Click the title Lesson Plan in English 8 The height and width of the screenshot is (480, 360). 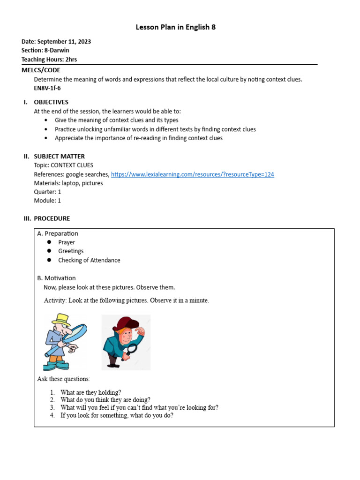176,27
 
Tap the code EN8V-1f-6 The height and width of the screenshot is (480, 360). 47,88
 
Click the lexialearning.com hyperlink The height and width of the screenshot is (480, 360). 192,174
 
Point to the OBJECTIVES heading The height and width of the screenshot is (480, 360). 51,102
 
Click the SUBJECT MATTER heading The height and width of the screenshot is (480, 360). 59,157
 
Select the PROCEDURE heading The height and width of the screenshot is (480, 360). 52,218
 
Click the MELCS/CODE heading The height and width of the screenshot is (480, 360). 41,70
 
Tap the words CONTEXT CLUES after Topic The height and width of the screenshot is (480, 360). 72,165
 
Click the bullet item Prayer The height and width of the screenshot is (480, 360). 67,242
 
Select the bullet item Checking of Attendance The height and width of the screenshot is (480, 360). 89,260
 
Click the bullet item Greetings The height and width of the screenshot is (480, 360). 71,251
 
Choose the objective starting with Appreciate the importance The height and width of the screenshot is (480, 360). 138,138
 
